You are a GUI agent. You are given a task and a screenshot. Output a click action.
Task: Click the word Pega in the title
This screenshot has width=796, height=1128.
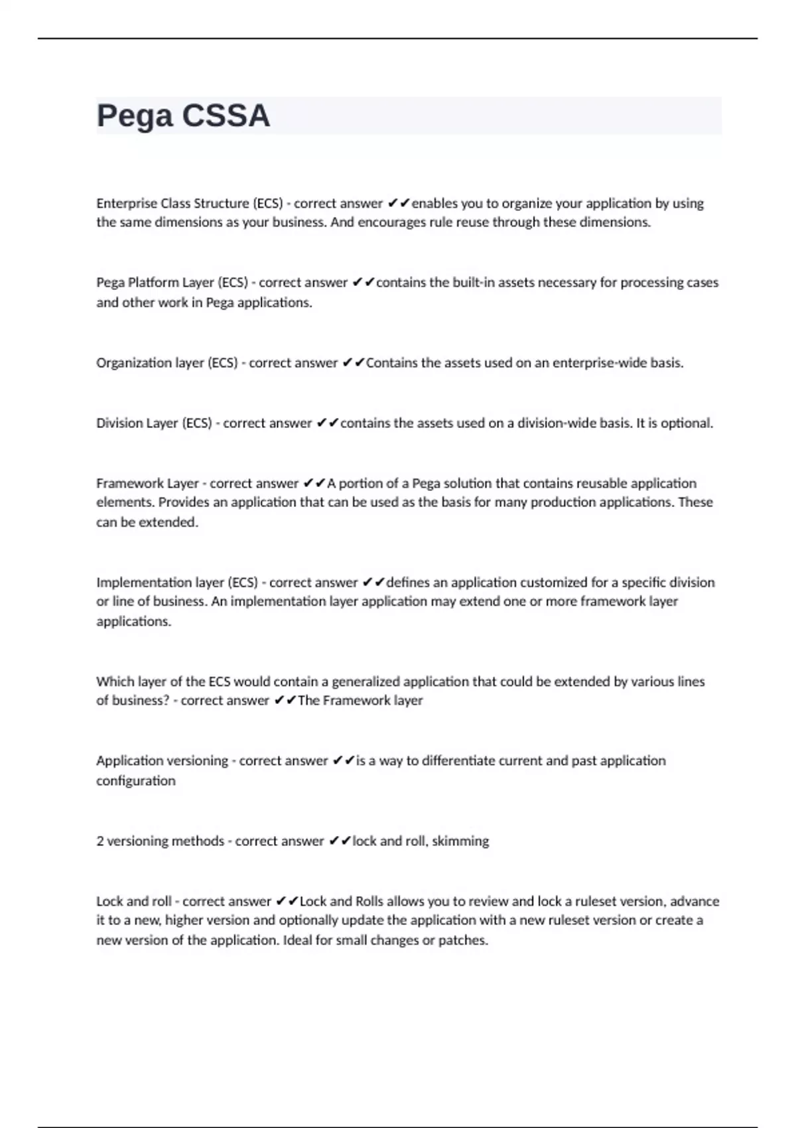tap(135, 116)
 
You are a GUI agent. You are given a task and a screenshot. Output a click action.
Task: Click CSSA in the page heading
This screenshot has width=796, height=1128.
tap(226, 116)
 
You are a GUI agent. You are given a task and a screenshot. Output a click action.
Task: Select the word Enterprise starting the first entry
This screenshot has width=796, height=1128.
tap(127, 203)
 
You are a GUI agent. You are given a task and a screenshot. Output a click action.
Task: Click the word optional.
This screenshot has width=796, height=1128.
tap(687, 423)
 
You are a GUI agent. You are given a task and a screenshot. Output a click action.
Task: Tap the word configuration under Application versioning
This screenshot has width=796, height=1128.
tap(136, 781)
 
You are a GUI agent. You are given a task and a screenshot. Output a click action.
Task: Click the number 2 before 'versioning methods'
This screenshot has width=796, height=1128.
tap(100, 841)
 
